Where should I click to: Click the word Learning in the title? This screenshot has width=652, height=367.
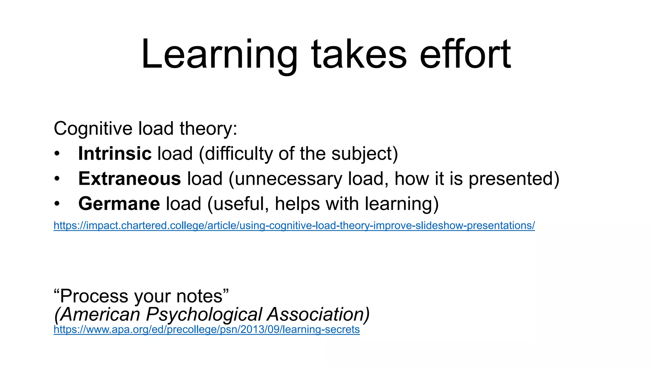219,55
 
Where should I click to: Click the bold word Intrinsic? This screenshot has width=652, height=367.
115,154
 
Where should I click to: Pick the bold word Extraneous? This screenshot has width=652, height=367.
130,178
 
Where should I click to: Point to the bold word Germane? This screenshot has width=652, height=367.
119,204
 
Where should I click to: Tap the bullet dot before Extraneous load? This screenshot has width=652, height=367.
57,179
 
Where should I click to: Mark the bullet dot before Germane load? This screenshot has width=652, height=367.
57,204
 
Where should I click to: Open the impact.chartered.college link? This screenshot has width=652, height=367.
294,226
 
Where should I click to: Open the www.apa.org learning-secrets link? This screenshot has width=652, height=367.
206,329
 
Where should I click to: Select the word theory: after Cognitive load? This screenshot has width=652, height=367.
208,129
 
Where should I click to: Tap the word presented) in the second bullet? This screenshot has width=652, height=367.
514,179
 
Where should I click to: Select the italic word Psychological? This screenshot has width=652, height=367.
204,315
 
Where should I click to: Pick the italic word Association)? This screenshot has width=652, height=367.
318,315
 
